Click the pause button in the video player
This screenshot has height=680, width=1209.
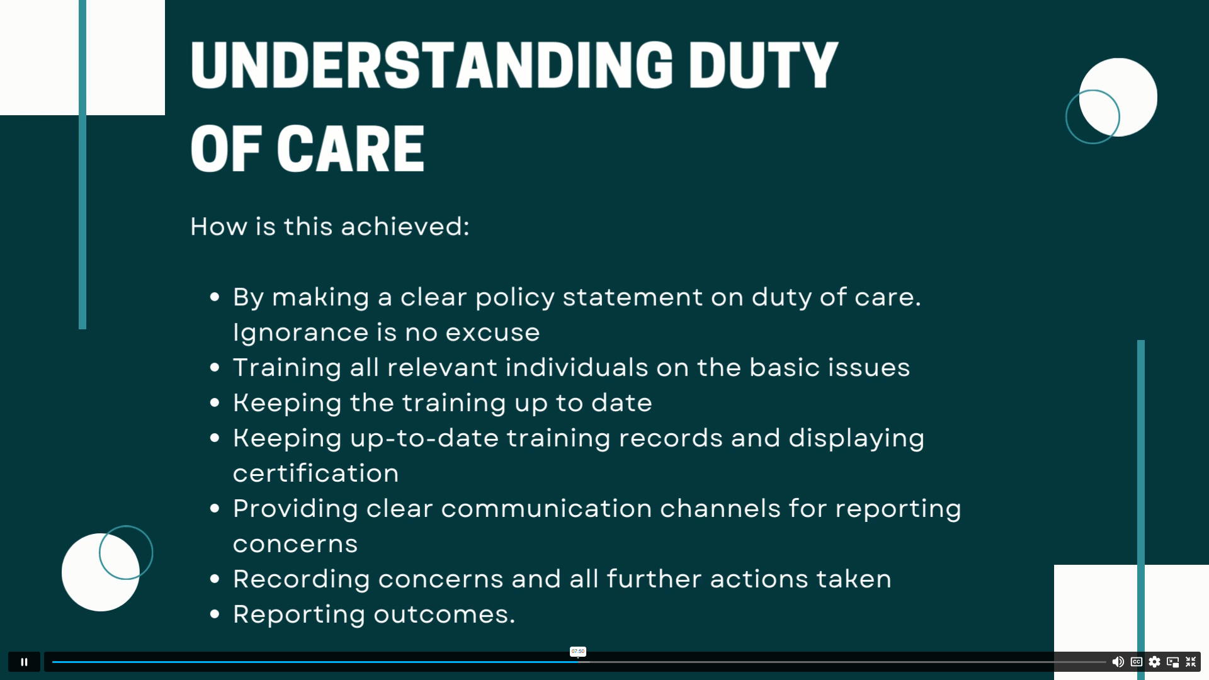coord(24,662)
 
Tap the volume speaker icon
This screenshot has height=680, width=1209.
coord(1118,662)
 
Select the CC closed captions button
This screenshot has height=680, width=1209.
coord(1137,662)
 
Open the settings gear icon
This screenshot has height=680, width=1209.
coord(1154,662)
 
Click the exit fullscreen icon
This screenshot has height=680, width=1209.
coord(1191,662)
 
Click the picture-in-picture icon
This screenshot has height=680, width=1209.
coord(1172,662)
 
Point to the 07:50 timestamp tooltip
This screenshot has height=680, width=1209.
coord(577,651)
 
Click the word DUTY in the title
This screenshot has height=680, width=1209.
coord(763,65)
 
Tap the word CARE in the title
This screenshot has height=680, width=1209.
coord(351,149)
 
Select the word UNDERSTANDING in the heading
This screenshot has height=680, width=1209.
coord(432,65)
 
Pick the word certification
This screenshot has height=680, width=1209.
coord(316,473)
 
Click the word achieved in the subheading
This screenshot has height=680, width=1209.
coord(404,227)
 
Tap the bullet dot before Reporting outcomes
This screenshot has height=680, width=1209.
coord(215,614)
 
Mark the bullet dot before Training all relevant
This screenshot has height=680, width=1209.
coord(215,367)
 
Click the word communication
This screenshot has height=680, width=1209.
coord(547,508)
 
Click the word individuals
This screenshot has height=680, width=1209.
coord(577,367)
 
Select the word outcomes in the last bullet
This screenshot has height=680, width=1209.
coord(445,614)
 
